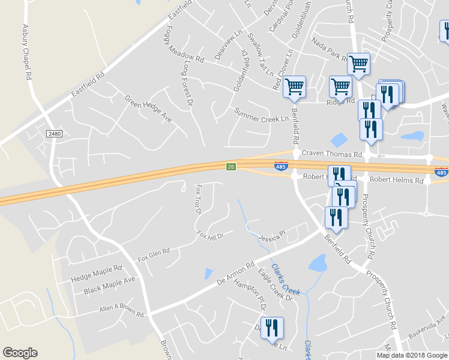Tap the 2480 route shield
click(x=54, y=134)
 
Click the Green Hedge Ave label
click(x=148, y=109)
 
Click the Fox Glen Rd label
click(x=154, y=255)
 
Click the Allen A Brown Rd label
click(x=122, y=311)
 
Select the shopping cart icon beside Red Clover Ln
click(x=294, y=87)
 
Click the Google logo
click(x=20, y=353)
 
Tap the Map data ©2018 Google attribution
click(x=412, y=355)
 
